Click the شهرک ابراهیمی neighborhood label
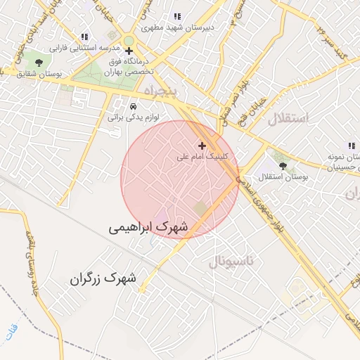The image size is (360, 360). click(x=149, y=228)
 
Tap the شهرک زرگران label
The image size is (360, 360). click(x=103, y=278)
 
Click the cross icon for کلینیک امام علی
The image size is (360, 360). click(x=202, y=146)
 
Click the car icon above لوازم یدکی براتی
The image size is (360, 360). click(x=133, y=106)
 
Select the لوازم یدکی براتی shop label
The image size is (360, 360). click(x=133, y=117)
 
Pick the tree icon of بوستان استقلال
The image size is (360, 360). click(x=283, y=166)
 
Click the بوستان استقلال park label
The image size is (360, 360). click(x=283, y=177)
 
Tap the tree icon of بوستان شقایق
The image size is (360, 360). click(x=38, y=63)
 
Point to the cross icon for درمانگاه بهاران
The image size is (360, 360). click(x=129, y=51)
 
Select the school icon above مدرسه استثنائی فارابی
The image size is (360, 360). click(x=84, y=37)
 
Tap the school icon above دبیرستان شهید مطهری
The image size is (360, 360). click(x=177, y=16)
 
